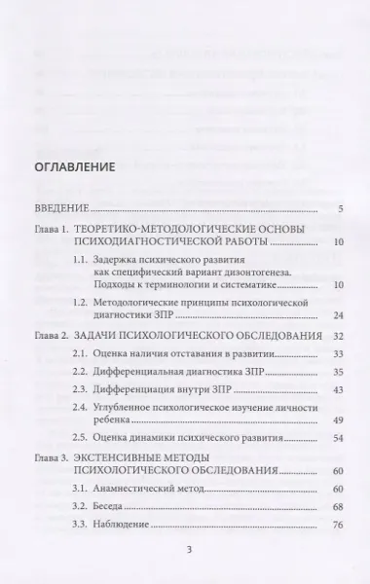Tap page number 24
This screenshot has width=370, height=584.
[338, 315]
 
